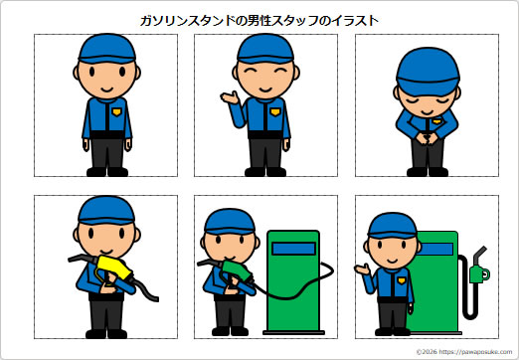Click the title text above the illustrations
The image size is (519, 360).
click(260, 19)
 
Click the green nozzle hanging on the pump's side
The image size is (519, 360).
click(478, 270)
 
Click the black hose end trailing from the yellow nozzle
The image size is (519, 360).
click(151, 296)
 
